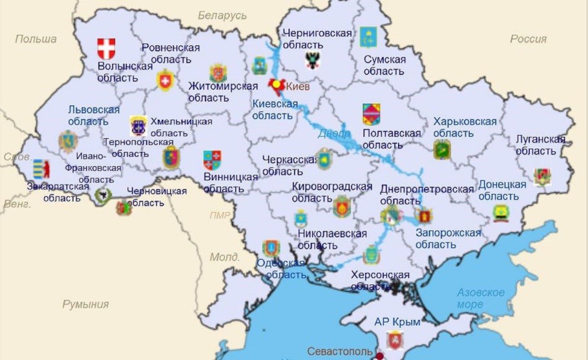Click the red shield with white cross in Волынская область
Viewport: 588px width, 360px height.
pos(106,48)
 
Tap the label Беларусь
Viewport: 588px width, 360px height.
pos(222,15)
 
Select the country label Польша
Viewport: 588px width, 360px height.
pos(36,39)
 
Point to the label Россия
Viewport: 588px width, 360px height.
pos(528,39)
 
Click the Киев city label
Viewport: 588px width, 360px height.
pos(298,87)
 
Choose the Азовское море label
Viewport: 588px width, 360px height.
pos(480,298)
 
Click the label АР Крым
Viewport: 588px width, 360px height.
pos(397,321)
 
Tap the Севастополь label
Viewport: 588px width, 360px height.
pos(339,352)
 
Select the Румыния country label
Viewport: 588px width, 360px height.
pos(85,304)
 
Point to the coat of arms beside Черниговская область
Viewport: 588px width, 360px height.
pos(313,61)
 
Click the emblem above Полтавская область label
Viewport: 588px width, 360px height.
pos(371,114)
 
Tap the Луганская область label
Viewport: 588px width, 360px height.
pos(540,145)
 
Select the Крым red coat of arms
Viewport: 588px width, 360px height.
pos(394,340)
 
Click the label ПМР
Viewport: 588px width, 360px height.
pos(220,215)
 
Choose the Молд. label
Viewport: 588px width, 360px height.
pos(224,257)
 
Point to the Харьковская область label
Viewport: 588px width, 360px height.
pos(465,127)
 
